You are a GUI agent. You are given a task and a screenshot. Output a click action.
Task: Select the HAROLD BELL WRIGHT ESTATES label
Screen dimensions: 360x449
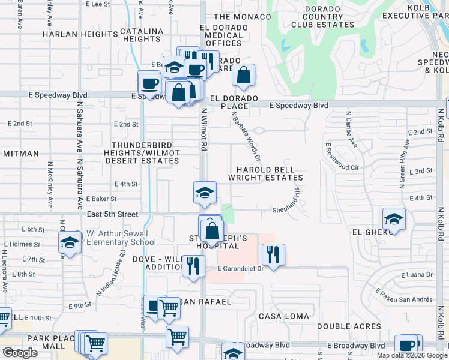click(x=265, y=174)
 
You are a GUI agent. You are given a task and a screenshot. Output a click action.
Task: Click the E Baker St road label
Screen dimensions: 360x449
click(x=101, y=199)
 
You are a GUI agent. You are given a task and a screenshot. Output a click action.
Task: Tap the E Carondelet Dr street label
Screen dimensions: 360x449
click(x=241, y=269)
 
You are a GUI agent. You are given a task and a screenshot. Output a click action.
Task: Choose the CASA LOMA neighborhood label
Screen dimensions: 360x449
click(x=284, y=316)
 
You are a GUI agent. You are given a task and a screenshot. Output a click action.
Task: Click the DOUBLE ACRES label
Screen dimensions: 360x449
click(x=349, y=326)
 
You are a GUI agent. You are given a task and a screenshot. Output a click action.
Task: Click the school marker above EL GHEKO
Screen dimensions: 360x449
click(x=393, y=218)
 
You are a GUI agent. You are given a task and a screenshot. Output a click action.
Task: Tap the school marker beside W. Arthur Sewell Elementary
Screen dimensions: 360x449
click(x=70, y=242)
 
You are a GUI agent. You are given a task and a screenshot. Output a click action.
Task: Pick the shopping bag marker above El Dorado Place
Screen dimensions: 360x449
click(x=243, y=76)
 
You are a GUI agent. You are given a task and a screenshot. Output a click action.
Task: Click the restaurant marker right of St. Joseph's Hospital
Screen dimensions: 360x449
click(x=273, y=254)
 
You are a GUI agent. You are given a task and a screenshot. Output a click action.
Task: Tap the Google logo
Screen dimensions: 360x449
click(x=20, y=353)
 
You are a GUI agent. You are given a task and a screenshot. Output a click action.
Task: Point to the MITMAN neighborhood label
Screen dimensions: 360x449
click(x=20, y=154)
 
